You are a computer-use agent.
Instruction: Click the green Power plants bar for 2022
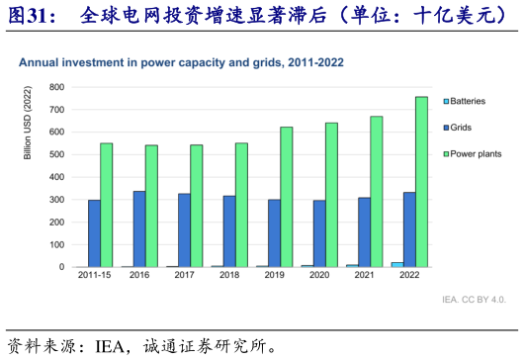[422, 182]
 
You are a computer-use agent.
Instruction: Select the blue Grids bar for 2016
[139, 228]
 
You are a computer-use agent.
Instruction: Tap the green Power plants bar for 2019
[287, 197]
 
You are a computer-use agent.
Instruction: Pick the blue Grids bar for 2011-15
[94, 233]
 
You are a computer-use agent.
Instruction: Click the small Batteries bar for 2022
[396, 264]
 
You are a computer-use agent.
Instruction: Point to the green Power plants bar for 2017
[197, 206]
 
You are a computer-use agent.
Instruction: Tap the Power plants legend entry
[475, 153]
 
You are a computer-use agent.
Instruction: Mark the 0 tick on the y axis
[62, 267]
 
